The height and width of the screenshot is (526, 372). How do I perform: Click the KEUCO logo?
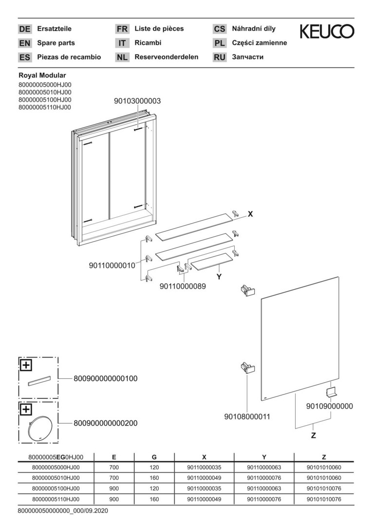tap(327, 32)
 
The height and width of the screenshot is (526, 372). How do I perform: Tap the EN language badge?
tap(24, 43)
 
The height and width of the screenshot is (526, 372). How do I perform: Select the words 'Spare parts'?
tap(56, 43)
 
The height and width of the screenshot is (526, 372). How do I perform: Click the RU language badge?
tap(220, 57)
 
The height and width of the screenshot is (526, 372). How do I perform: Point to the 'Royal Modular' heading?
tap(42, 75)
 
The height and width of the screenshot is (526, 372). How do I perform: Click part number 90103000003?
tap(137, 101)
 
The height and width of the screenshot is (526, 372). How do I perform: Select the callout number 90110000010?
tap(112, 265)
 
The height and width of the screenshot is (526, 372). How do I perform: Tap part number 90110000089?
tap(183, 287)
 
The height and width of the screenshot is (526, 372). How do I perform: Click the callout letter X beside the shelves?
tap(250, 214)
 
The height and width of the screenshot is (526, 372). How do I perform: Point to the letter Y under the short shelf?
tap(219, 277)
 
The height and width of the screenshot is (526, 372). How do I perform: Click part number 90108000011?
tap(247, 417)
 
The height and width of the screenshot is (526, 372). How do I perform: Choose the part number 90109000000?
tap(330, 406)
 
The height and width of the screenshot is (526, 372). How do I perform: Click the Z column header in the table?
tap(324, 457)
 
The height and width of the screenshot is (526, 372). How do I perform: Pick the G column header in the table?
tap(154, 457)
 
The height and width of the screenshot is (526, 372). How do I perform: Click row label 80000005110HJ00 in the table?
tap(56, 499)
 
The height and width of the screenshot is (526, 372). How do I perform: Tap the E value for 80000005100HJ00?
tap(114, 488)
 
